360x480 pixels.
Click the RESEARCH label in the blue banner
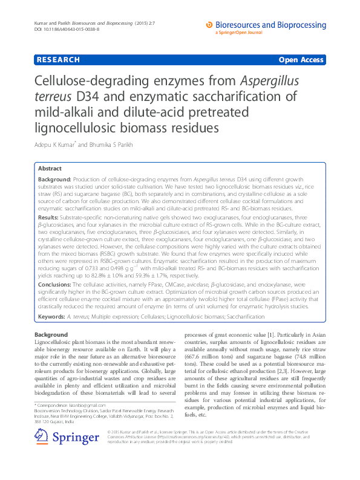[58, 60]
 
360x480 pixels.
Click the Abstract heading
[50, 169]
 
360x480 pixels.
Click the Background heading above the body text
[51, 334]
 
